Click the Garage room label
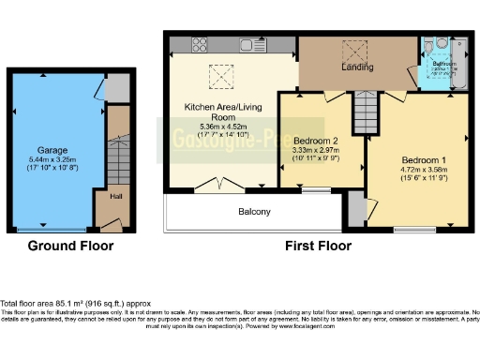click(x=52, y=150)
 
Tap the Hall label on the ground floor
click(x=115, y=197)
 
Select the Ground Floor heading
click(x=70, y=246)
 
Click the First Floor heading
click(x=319, y=246)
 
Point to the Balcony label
click(x=253, y=212)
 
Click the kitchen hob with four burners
click(x=200, y=42)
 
